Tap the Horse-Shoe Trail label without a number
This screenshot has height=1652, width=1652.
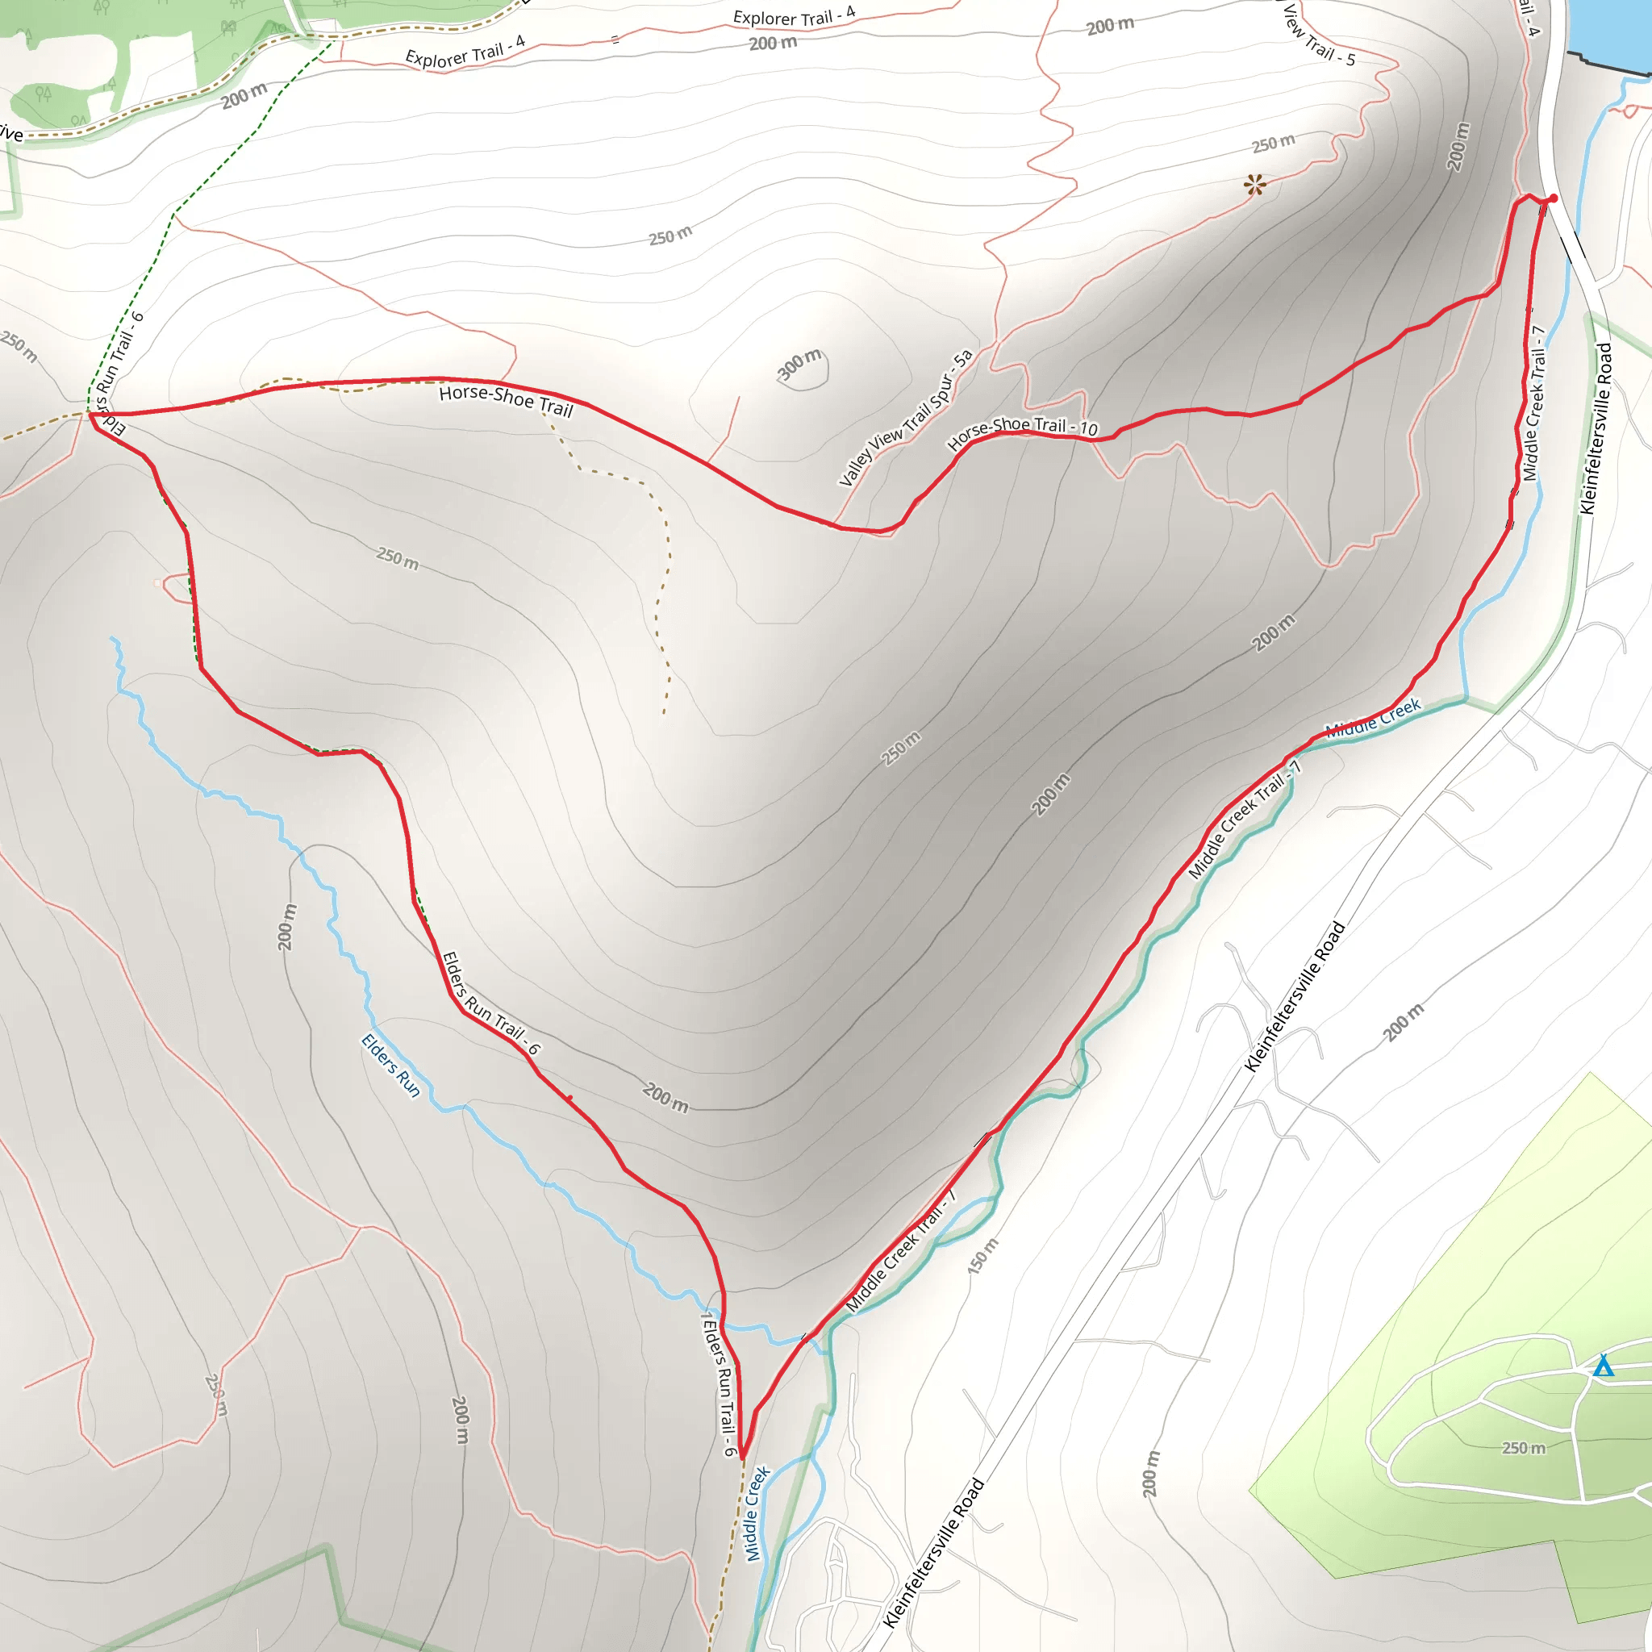tap(505, 400)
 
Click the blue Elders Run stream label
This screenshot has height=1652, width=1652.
tap(390, 1066)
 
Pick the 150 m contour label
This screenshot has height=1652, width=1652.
tap(982, 1256)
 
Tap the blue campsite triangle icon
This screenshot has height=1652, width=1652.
tap(1604, 1366)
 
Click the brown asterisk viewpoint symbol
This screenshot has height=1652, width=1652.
tap(1254, 185)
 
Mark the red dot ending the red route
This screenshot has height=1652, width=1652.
tap(1554, 198)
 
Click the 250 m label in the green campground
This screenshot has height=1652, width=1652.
tap(1524, 1448)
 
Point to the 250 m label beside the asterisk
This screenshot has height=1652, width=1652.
tap(1273, 144)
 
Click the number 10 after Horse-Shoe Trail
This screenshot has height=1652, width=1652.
tap(1087, 428)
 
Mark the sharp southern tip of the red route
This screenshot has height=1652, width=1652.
tap(743, 1456)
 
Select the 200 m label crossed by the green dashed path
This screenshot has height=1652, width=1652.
tap(244, 97)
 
